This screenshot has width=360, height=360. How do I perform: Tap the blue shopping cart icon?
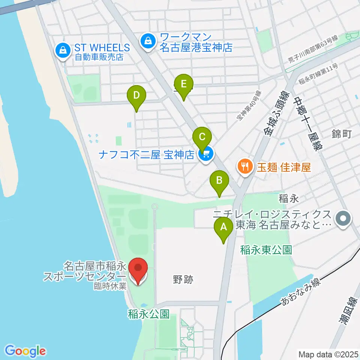coord(206,154)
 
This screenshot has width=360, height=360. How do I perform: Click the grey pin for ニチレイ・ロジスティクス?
coord(343,220)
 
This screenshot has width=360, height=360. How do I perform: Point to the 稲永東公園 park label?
coord(266,250)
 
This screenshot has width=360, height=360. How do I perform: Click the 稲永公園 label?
coord(149,313)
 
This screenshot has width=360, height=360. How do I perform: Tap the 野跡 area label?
coord(183,279)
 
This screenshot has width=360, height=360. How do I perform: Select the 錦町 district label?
coord(342,134)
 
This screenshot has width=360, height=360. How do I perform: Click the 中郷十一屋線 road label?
coord(307,124)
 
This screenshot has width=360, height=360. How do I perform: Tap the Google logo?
coord(25,351)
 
